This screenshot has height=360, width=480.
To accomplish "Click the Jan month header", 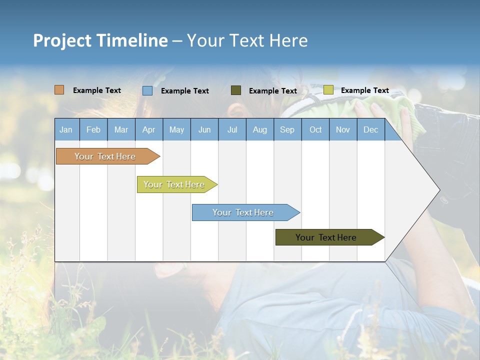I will coord(66,130).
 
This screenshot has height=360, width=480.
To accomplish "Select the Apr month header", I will coord(148,130).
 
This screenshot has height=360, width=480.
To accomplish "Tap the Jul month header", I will coord(232,130).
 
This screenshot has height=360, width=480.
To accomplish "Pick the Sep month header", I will coord(287,130).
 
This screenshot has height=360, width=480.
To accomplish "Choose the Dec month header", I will coord(370,130).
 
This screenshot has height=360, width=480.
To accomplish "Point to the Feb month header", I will coord(93,130).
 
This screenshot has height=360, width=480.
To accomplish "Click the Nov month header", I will coord(342,130).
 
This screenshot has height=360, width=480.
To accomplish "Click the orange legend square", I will coord(59,90).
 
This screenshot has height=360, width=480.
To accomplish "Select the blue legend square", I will coord(147,90).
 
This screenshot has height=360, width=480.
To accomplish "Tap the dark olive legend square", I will coord(236,90).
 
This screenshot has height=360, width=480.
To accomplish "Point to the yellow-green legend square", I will coord(328,90).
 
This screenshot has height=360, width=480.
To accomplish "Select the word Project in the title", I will coord(61,40).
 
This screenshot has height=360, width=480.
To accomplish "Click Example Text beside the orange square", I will coord(97,90).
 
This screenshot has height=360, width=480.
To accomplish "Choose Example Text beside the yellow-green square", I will coord(365,90).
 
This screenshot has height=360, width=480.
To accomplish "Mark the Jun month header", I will coord(204,130).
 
